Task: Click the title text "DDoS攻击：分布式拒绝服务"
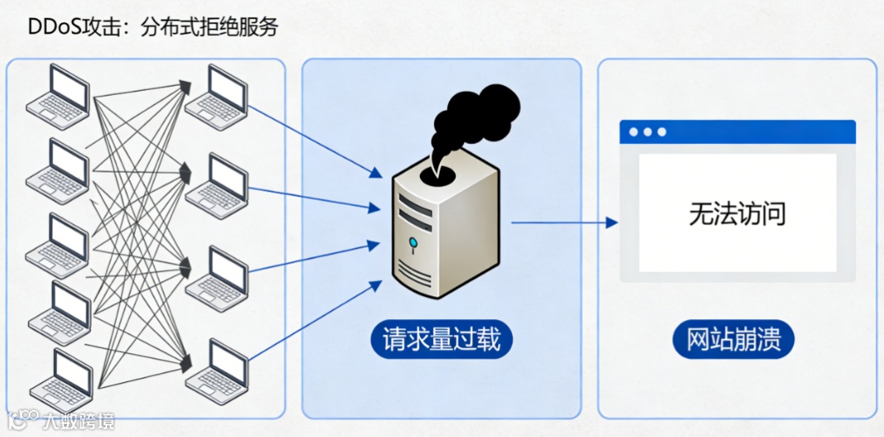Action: pos(153,26)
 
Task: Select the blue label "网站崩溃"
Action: pos(733,339)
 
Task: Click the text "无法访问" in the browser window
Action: pos(737,214)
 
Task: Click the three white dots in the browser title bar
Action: pos(647,132)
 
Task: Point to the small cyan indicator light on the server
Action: pos(413,241)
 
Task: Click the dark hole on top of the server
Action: pos(441,173)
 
